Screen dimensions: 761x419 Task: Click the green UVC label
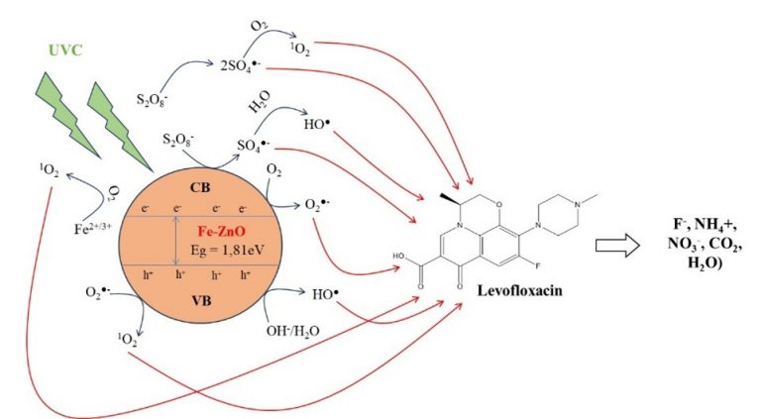click(65, 51)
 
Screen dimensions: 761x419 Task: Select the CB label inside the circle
click(200, 187)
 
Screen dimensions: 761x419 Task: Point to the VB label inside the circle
click(201, 301)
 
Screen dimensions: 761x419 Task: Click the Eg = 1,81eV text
click(228, 251)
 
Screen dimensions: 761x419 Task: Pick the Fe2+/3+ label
click(93, 228)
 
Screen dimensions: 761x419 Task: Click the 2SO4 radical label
click(240, 65)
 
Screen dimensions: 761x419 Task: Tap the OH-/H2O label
click(292, 331)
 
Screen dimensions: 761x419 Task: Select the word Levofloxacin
click(520, 290)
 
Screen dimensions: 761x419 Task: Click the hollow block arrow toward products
click(617, 246)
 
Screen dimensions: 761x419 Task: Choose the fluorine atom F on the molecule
click(538, 265)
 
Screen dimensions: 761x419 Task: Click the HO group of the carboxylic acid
click(399, 256)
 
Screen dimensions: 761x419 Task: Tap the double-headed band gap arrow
click(176, 241)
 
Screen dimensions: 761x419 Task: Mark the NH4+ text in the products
click(715, 225)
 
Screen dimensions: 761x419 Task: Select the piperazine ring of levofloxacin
click(558, 215)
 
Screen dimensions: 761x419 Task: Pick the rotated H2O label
click(260, 102)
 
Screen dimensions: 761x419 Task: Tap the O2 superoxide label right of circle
click(317, 205)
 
